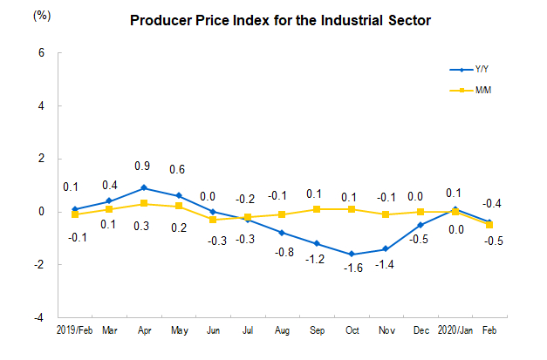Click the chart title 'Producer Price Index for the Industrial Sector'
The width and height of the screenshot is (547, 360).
coord(279,20)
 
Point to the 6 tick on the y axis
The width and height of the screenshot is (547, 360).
coord(40,53)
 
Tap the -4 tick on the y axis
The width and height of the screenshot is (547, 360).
coord(38,317)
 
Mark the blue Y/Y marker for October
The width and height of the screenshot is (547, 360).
coord(352,254)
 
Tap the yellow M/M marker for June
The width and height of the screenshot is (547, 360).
coord(213,220)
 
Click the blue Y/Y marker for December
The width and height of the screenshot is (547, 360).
coord(421,225)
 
